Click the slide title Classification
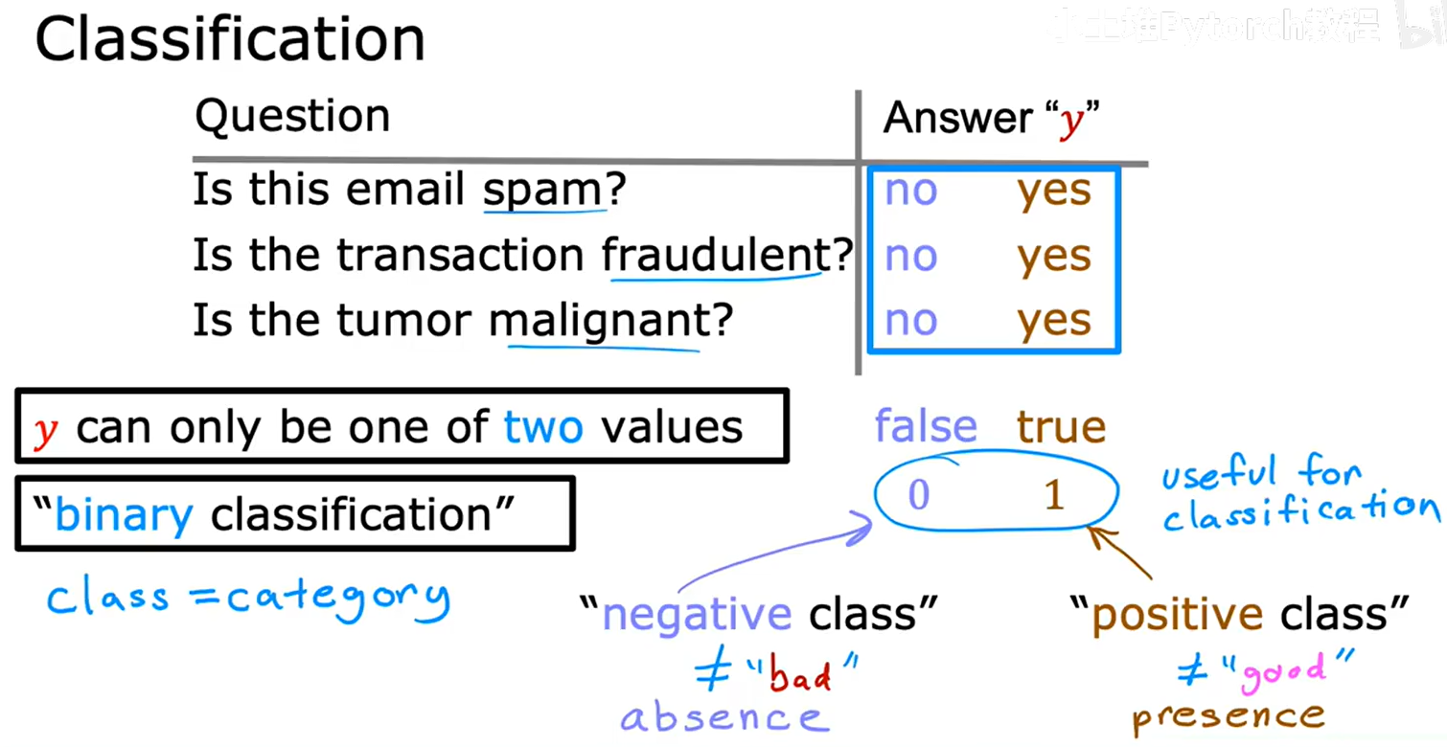pos(230,40)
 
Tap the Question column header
pos(292,117)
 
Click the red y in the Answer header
pos(1069,122)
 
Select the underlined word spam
pos(543,190)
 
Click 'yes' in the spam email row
pos(1054,191)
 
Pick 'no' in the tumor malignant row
pos(910,321)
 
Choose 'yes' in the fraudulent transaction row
pos(1054,256)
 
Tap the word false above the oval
pos(926,426)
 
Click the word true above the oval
pos(1061,426)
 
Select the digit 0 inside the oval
pos(918,495)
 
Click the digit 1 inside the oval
pos(1054,495)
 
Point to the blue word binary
pos(124,515)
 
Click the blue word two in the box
pos(543,427)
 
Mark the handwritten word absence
pos(722,717)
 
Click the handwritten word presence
pos(1228,715)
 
